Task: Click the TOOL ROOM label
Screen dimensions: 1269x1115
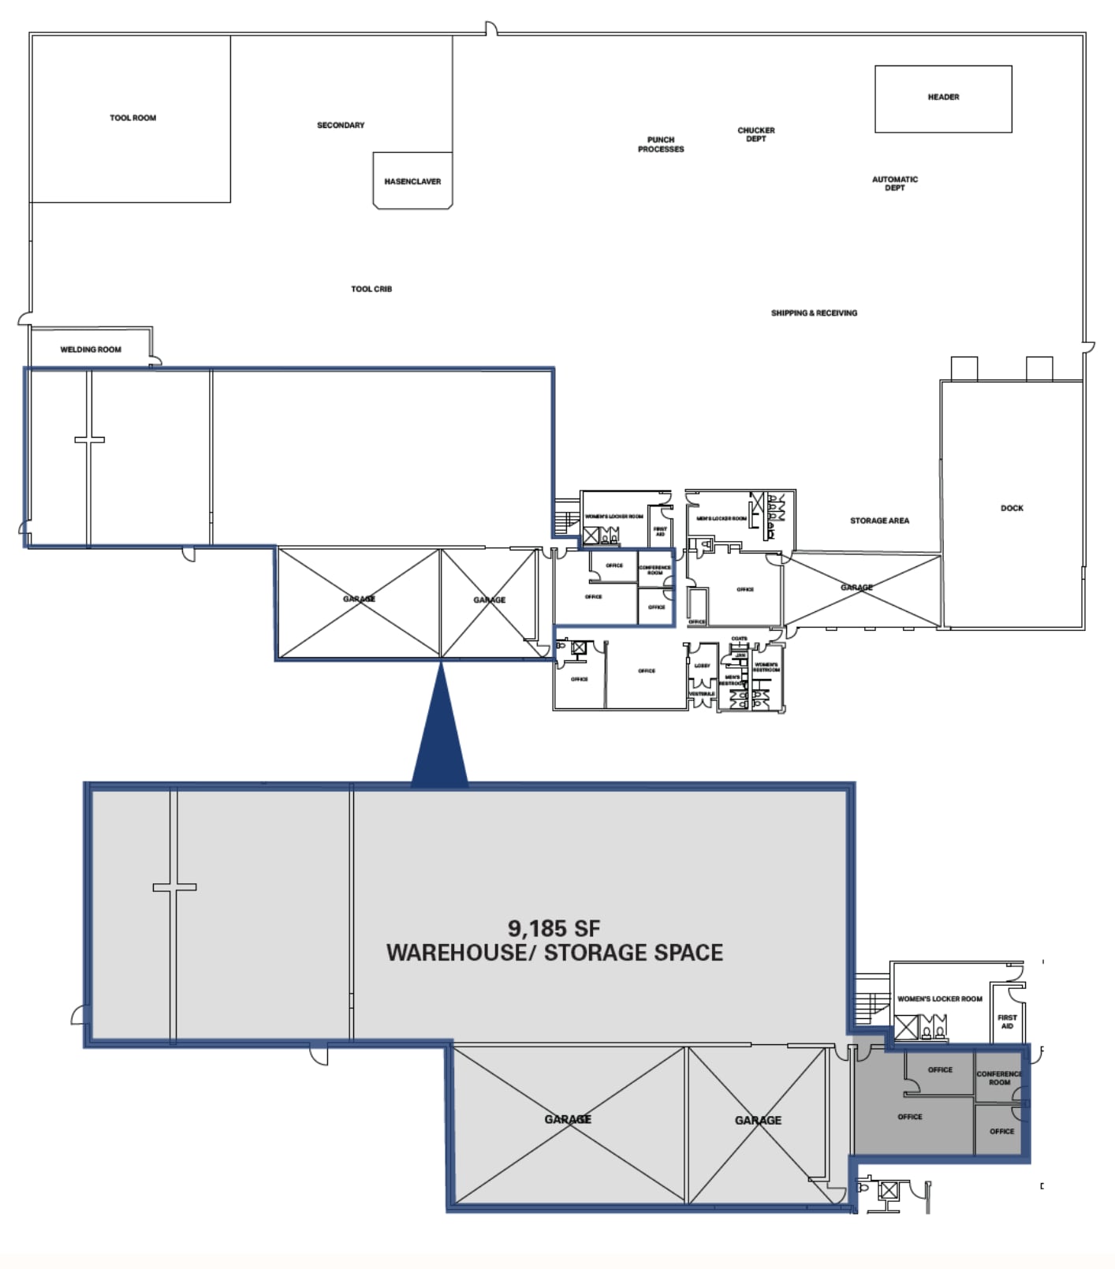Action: (x=132, y=118)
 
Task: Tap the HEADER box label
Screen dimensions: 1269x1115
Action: (x=943, y=97)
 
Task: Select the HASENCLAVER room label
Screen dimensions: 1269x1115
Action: (x=412, y=181)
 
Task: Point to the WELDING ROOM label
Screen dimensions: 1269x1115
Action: (x=91, y=349)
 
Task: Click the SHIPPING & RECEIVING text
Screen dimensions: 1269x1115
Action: (x=814, y=313)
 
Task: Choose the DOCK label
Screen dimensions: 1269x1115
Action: (x=1012, y=508)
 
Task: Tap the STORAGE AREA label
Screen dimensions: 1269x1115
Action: (x=879, y=521)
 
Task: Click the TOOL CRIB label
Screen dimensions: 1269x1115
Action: (x=371, y=289)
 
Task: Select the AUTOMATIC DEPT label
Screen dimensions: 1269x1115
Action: (x=894, y=183)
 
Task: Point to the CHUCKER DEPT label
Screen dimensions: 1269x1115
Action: (x=755, y=134)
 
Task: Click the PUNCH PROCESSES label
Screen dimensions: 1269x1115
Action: (x=661, y=144)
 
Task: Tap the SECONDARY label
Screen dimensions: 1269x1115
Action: (x=341, y=125)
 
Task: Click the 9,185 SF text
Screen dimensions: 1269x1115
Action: (x=554, y=928)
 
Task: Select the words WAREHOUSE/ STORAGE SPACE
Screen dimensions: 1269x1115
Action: (x=554, y=953)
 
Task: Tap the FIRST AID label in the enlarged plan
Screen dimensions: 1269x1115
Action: (x=1007, y=1021)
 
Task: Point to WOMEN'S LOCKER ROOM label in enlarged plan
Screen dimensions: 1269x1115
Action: (x=939, y=998)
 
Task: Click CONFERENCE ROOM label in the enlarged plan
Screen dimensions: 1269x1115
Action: (x=998, y=1078)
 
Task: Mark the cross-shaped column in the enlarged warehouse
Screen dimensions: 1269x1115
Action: (x=174, y=887)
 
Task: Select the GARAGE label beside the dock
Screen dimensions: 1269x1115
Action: (x=856, y=588)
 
